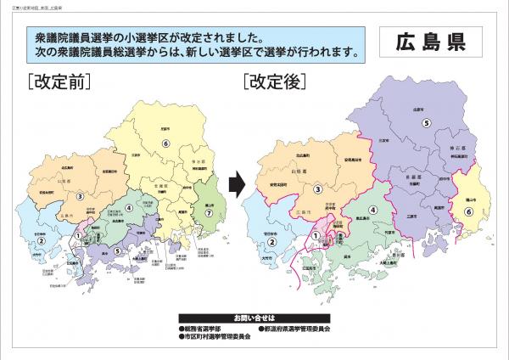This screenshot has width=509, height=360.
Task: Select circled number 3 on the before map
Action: tap(80, 195)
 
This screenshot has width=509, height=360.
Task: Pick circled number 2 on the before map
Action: tap(39, 240)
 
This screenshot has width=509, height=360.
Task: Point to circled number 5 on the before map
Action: tap(116, 250)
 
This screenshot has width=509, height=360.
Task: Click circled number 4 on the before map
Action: tap(129, 206)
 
